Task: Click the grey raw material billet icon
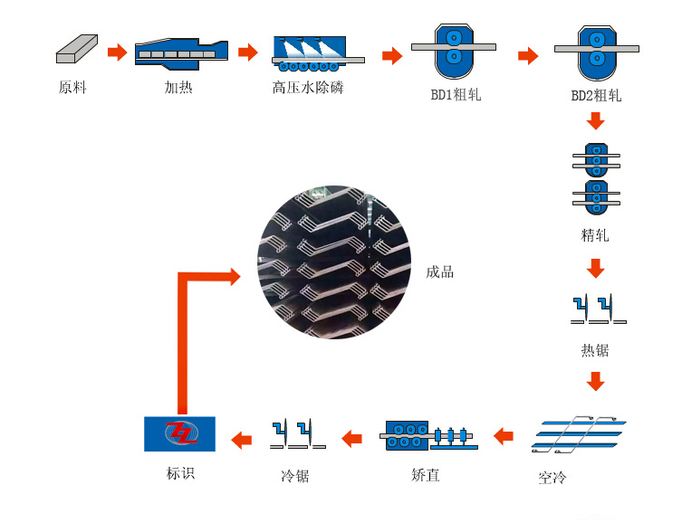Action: click(77, 49)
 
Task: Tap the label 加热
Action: click(178, 87)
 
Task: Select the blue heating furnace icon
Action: click(181, 53)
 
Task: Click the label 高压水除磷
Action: click(308, 87)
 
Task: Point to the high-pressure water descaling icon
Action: click(318, 53)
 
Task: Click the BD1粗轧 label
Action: click(456, 94)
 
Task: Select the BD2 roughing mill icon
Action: click(597, 52)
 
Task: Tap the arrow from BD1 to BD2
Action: click(528, 55)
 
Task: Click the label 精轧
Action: click(595, 235)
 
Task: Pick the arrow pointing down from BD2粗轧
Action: click(595, 120)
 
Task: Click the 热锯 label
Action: click(595, 349)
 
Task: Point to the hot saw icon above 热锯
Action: click(599, 309)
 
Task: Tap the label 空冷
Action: click(552, 478)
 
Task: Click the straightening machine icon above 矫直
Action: click(429, 435)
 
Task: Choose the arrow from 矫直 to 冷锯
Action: click(352, 438)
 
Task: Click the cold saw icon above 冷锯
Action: click(298, 433)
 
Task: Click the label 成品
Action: click(440, 272)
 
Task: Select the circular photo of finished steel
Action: click(334, 261)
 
